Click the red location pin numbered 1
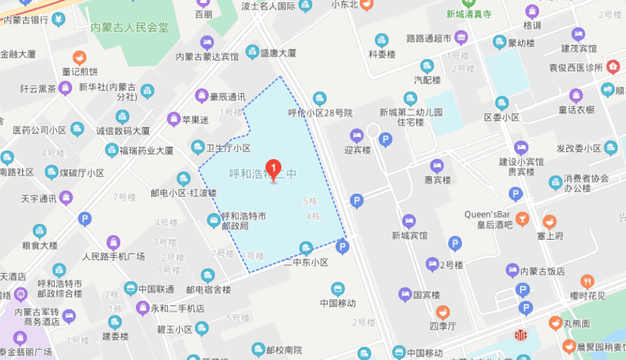273,170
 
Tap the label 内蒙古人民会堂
130,28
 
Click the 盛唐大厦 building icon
252,52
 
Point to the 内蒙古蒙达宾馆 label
207,57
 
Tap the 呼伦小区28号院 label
320,113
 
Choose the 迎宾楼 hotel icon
356,135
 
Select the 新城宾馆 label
409,235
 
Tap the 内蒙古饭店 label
543,271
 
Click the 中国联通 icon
130,289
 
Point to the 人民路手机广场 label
113,256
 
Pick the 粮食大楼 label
40,246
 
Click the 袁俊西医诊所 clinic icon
612,67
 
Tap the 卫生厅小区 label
228,148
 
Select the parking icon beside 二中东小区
343,248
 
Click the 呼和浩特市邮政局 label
244,220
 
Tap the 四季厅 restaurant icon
443,312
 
